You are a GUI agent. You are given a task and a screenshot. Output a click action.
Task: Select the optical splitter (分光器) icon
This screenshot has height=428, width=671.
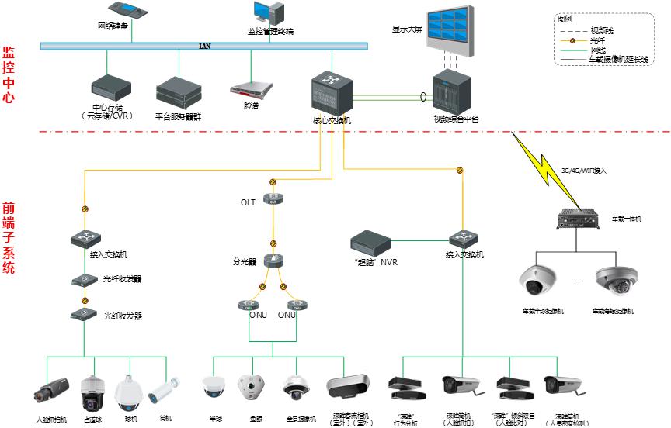coord(273,261)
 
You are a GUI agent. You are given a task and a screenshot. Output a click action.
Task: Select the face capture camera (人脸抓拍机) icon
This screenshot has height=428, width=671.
coord(51,390)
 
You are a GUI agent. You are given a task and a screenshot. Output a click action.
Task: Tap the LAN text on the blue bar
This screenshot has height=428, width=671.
coord(205,46)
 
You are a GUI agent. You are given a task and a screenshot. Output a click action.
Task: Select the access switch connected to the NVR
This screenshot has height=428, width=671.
coord(464,238)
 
